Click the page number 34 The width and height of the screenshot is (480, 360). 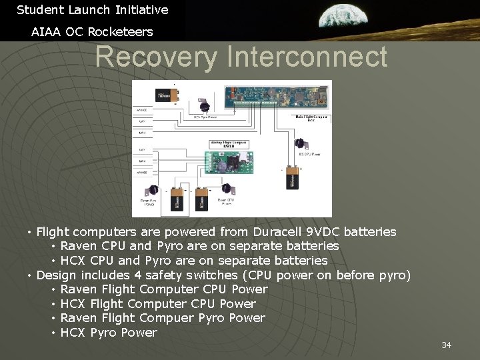click(446, 345)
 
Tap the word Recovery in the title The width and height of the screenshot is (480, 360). click(156, 57)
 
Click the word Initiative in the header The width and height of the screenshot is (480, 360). click(141, 10)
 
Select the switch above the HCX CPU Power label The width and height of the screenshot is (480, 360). click(299, 143)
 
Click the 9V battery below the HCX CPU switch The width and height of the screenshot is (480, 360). click(292, 179)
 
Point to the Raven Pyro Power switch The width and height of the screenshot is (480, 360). click(153, 190)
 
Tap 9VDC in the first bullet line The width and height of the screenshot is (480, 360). click(324, 232)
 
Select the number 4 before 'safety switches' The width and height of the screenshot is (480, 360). click(137, 275)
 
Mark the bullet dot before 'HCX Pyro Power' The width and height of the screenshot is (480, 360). click(53, 333)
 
